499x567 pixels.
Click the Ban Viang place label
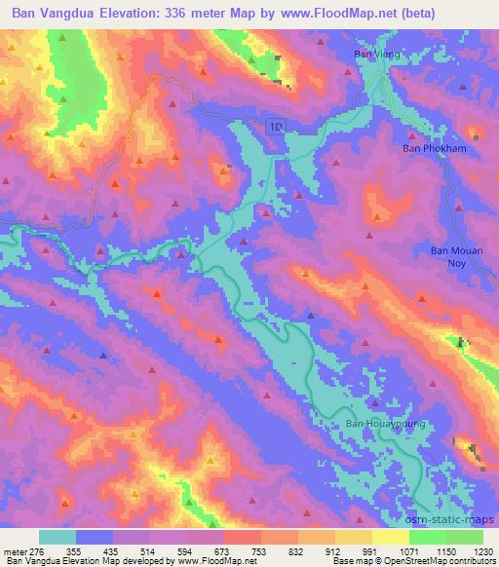click(371, 56)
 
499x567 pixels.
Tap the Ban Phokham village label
click(430, 149)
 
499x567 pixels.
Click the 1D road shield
click(276, 126)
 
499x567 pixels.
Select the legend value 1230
click(482, 551)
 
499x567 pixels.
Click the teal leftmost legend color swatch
click(58, 537)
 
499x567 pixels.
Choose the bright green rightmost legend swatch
click(464, 537)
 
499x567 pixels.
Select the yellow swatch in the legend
click(391, 537)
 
